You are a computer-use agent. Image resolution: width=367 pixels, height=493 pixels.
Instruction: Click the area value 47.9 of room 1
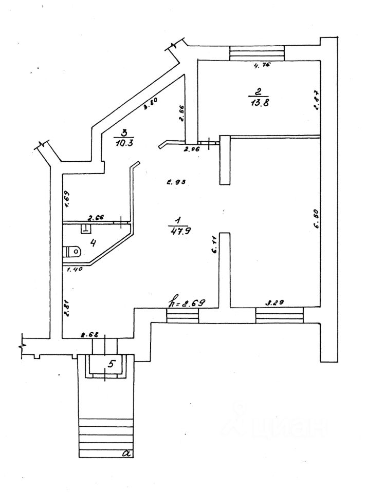pyautogui.click(x=176, y=231)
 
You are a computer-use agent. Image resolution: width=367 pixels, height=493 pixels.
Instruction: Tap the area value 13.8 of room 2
pyautogui.click(x=259, y=102)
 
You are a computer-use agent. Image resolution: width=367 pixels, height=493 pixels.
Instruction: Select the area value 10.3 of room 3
pyautogui.click(x=124, y=143)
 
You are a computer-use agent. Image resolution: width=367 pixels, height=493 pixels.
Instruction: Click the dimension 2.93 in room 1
pyautogui.click(x=175, y=181)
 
